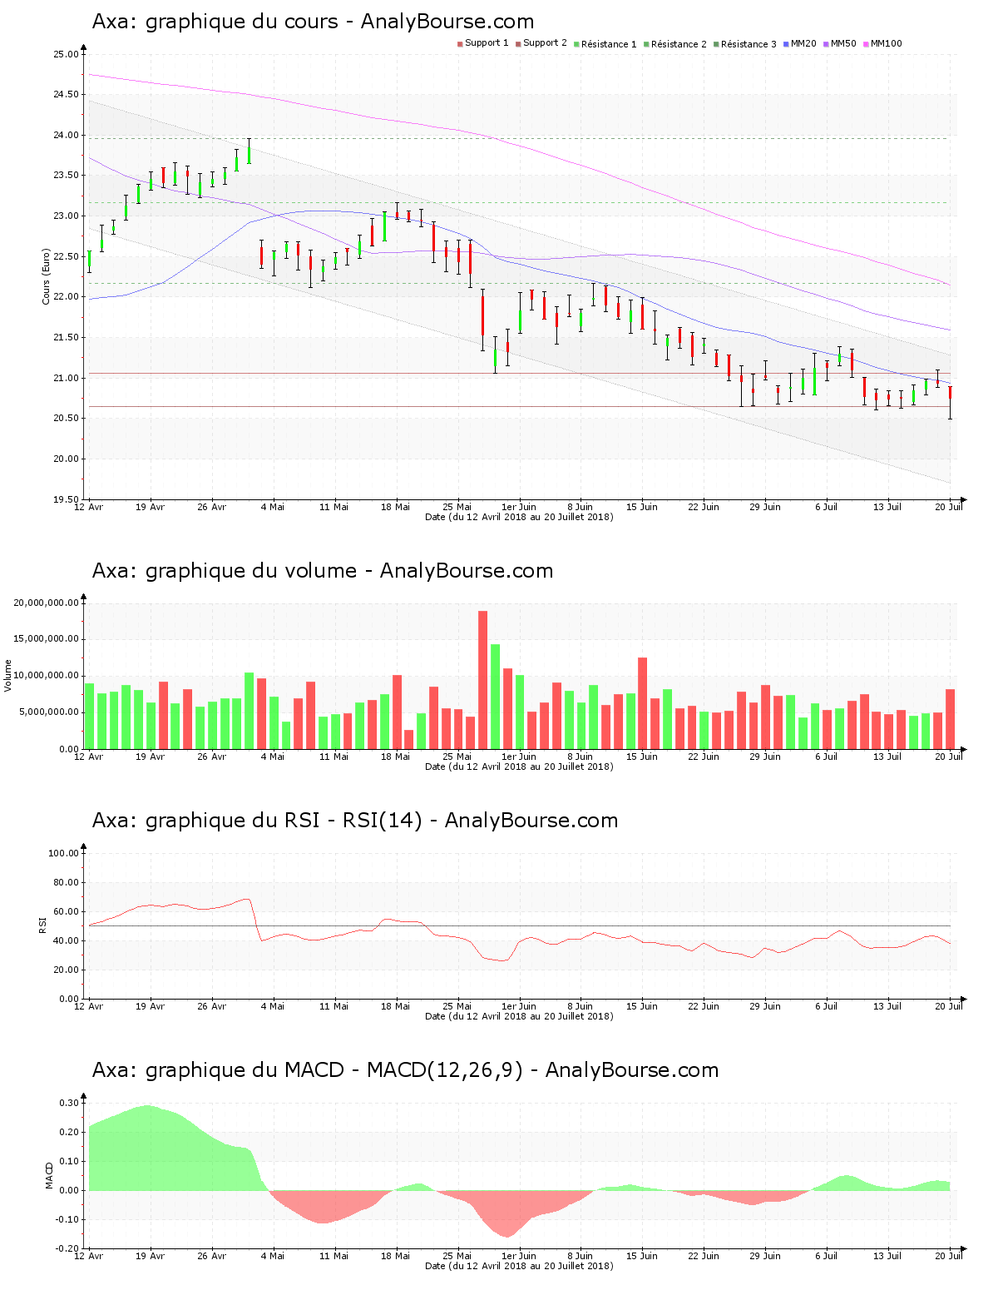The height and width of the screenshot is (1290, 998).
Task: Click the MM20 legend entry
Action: point(800,43)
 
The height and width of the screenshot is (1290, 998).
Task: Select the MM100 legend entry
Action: point(882,43)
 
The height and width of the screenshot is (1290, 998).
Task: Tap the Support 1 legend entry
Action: point(483,43)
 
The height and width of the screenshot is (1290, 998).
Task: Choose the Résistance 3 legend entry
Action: point(745,43)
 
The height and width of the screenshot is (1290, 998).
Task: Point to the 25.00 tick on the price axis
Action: point(66,54)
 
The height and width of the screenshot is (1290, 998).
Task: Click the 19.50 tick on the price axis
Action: point(66,499)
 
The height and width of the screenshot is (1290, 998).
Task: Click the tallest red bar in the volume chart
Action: point(482,679)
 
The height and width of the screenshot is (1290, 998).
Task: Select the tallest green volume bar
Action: point(495,696)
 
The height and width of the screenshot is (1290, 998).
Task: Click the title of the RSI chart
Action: point(355,821)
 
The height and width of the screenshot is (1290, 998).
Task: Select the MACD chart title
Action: point(405,1070)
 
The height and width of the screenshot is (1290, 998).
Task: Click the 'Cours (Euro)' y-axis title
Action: point(47,276)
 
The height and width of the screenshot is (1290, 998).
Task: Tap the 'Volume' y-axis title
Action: point(8,675)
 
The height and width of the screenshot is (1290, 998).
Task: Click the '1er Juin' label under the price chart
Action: point(519,507)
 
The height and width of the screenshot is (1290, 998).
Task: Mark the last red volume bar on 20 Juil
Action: point(950,718)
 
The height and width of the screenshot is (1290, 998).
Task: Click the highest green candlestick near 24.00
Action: point(249,155)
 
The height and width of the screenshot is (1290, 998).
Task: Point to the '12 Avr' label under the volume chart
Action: point(89,757)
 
